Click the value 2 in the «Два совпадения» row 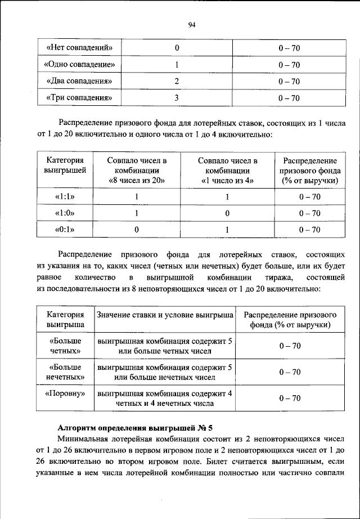click(176, 81)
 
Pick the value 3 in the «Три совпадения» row click(176, 98)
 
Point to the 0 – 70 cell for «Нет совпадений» click(289, 48)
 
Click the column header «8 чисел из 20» click(136, 181)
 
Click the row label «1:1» click(65, 196)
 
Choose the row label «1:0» click(65, 213)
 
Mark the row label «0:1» click(65, 230)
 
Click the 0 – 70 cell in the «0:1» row click(309, 230)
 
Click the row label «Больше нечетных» click(65, 372)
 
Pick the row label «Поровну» click(65, 393)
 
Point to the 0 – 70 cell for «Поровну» click(290, 398)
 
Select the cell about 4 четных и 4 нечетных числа click(165, 398)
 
